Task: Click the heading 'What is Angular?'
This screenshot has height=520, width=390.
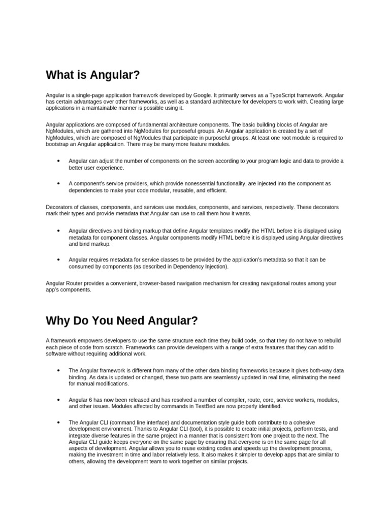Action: [x=92, y=76]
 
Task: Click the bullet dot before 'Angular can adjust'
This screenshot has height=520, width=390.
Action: [x=59, y=161]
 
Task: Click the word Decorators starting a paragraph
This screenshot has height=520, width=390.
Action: [x=59, y=207]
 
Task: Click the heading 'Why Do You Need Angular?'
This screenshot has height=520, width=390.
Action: [x=121, y=321]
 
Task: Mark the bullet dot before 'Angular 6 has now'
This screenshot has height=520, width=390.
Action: [x=59, y=400]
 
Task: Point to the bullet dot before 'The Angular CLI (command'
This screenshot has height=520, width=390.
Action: [x=59, y=422]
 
